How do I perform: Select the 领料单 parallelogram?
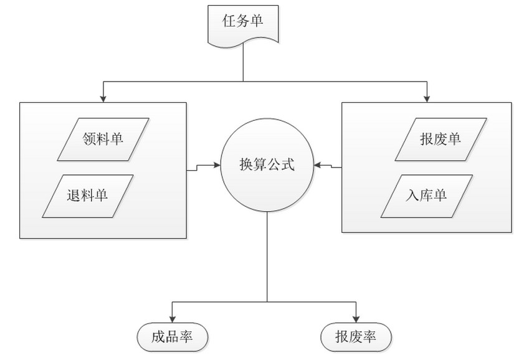[103, 140]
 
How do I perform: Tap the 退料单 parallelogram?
[88, 196]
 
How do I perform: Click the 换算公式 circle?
[267, 165]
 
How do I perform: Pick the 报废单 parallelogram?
[440, 140]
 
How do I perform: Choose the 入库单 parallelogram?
[427, 196]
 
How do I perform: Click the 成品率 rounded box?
[173, 337]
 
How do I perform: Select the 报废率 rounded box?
[356, 337]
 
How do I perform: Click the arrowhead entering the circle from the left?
[217, 164]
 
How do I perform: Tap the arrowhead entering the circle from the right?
[317, 164]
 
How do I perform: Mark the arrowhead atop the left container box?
[103, 98]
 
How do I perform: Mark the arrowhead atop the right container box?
[427, 98]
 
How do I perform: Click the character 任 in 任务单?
[229, 21]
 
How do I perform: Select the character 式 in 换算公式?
[288, 164]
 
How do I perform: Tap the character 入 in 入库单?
[412, 195]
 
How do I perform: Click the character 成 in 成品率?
[158, 337]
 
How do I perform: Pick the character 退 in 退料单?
[74, 195]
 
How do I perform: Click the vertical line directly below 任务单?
[243, 62]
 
